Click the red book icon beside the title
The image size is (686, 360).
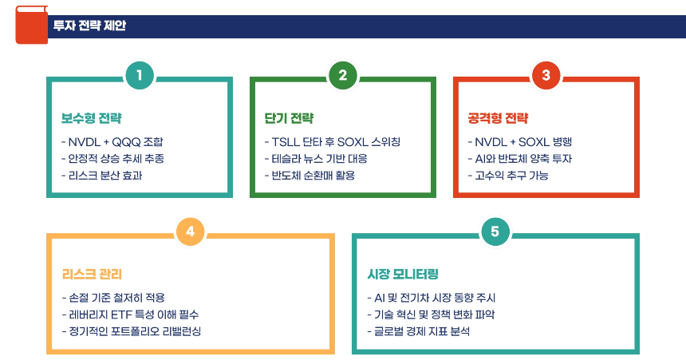pyautogui.click(x=31, y=25)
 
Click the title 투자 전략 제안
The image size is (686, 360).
pyautogui.click(x=89, y=26)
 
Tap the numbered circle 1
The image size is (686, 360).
pyautogui.click(x=139, y=76)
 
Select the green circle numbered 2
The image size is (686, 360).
pyautogui.click(x=342, y=76)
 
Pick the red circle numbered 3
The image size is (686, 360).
pyautogui.click(x=546, y=76)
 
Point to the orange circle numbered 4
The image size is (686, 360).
pyautogui.click(x=190, y=231)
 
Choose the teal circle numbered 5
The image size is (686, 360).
pyautogui.click(x=495, y=231)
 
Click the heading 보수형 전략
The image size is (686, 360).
pyautogui.click(x=92, y=118)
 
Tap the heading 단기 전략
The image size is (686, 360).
pyautogui.click(x=289, y=118)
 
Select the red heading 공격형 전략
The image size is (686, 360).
pyautogui.click(x=498, y=118)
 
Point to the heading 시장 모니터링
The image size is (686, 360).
pyautogui.click(x=403, y=274)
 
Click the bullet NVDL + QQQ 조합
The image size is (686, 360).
pyautogui.click(x=118, y=142)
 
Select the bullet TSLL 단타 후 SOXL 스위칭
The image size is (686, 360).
pyautogui.click(x=333, y=142)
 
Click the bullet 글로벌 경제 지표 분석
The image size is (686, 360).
pyautogui.click(x=418, y=330)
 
